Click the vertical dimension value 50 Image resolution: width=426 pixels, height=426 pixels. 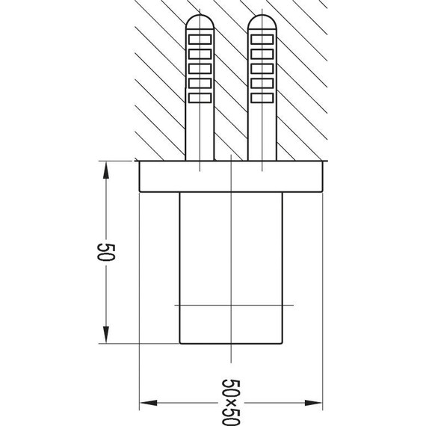pos(106,252)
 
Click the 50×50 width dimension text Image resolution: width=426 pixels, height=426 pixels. pos(231,403)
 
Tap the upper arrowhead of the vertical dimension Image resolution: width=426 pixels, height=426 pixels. pos(106,170)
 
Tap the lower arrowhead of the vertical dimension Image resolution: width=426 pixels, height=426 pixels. pos(106,335)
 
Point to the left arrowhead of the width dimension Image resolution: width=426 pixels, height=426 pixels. pos(148,403)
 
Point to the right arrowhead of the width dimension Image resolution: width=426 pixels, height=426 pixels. pos(313,403)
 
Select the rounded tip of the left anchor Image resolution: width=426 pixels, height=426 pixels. pos(200,21)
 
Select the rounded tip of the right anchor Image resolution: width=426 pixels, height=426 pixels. pos(262,21)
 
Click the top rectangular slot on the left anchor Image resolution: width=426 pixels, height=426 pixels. pos(200,40)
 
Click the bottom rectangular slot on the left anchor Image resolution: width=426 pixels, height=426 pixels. pos(200,98)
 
